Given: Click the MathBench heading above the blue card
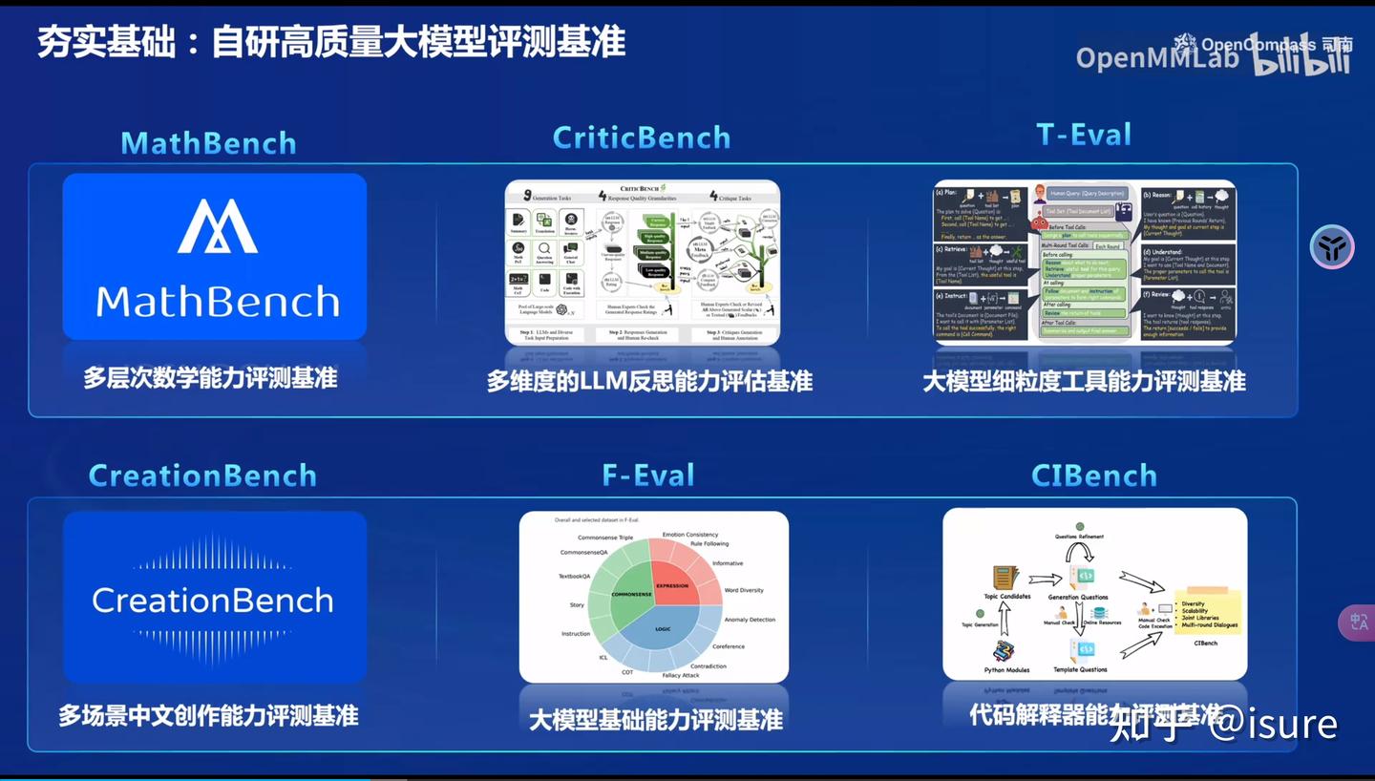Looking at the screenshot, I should [208, 143].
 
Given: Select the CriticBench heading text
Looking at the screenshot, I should [641, 137].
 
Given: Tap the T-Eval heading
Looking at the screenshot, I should [1084, 135].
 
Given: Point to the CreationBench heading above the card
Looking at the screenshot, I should [202, 475].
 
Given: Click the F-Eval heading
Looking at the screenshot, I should [648, 475].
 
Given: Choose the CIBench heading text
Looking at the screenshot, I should [1094, 475].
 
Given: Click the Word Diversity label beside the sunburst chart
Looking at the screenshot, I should [744, 590].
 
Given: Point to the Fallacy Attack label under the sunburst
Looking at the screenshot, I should [681, 675].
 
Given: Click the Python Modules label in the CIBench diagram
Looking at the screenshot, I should [1006, 670].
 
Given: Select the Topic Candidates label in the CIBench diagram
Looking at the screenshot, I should [1007, 597].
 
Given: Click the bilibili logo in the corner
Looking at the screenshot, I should [1301, 57].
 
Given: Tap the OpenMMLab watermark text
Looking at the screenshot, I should [1156, 58].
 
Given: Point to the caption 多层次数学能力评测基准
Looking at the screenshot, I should [210, 378].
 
